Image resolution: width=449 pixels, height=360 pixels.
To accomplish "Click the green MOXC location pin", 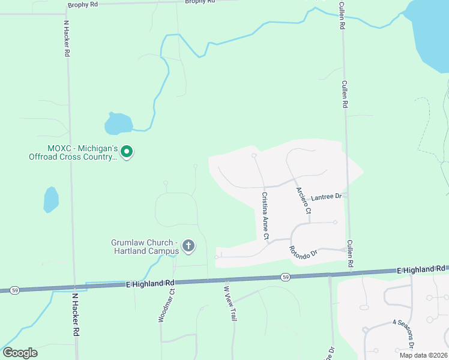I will tap(127, 152).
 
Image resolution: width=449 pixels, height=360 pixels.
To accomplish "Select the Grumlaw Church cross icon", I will tap(188, 245).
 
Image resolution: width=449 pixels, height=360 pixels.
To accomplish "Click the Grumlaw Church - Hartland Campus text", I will tap(145, 247).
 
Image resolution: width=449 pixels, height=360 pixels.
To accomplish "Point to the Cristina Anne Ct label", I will tap(265, 215).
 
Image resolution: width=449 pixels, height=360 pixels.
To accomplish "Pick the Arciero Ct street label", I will tap(304, 200).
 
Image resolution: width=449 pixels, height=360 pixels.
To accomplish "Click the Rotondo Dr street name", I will tap(303, 253).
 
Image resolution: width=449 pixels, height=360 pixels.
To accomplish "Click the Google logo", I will tap(20, 353).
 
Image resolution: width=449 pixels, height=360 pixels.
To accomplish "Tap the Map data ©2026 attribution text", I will tap(423, 355).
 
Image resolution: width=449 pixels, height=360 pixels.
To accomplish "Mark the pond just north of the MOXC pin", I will tap(118, 124).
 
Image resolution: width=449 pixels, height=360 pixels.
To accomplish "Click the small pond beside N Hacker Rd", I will tap(51, 199).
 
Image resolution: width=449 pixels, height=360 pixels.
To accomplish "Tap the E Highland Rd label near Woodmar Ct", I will tap(149, 282).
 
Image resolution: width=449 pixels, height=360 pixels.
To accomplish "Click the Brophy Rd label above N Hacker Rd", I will tap(82, 5).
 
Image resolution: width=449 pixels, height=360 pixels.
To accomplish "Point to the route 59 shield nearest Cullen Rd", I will tap(286, 277).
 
